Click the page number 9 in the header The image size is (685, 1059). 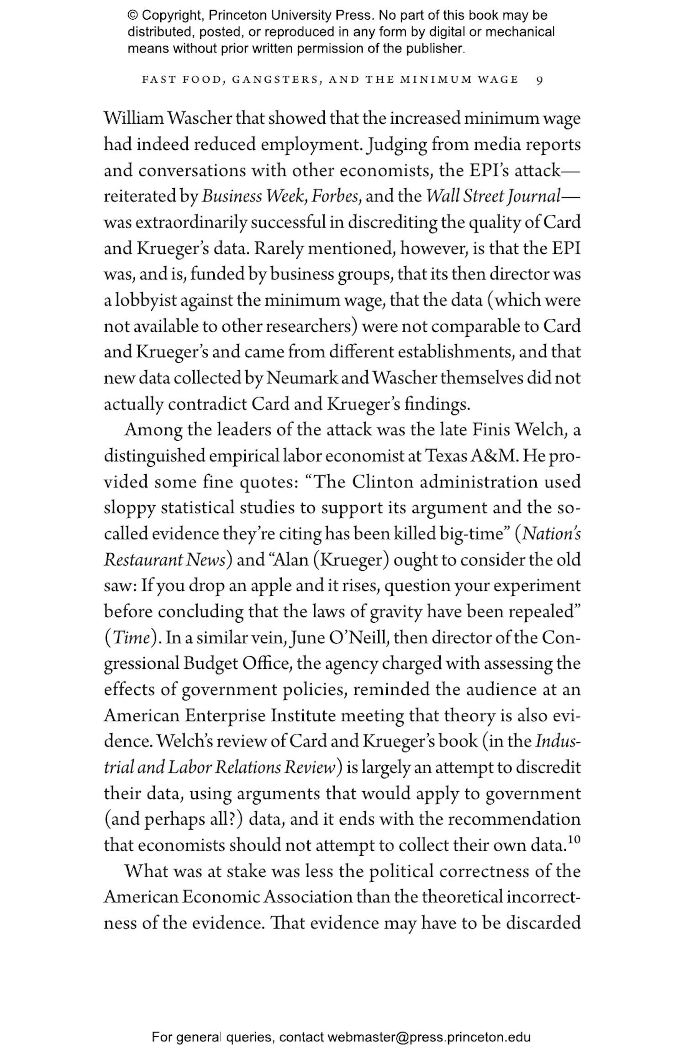(539, 80)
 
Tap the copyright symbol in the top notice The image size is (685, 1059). (132, 16)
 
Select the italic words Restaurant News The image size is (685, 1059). (164, 560)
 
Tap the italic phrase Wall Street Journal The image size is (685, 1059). (493, 196)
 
